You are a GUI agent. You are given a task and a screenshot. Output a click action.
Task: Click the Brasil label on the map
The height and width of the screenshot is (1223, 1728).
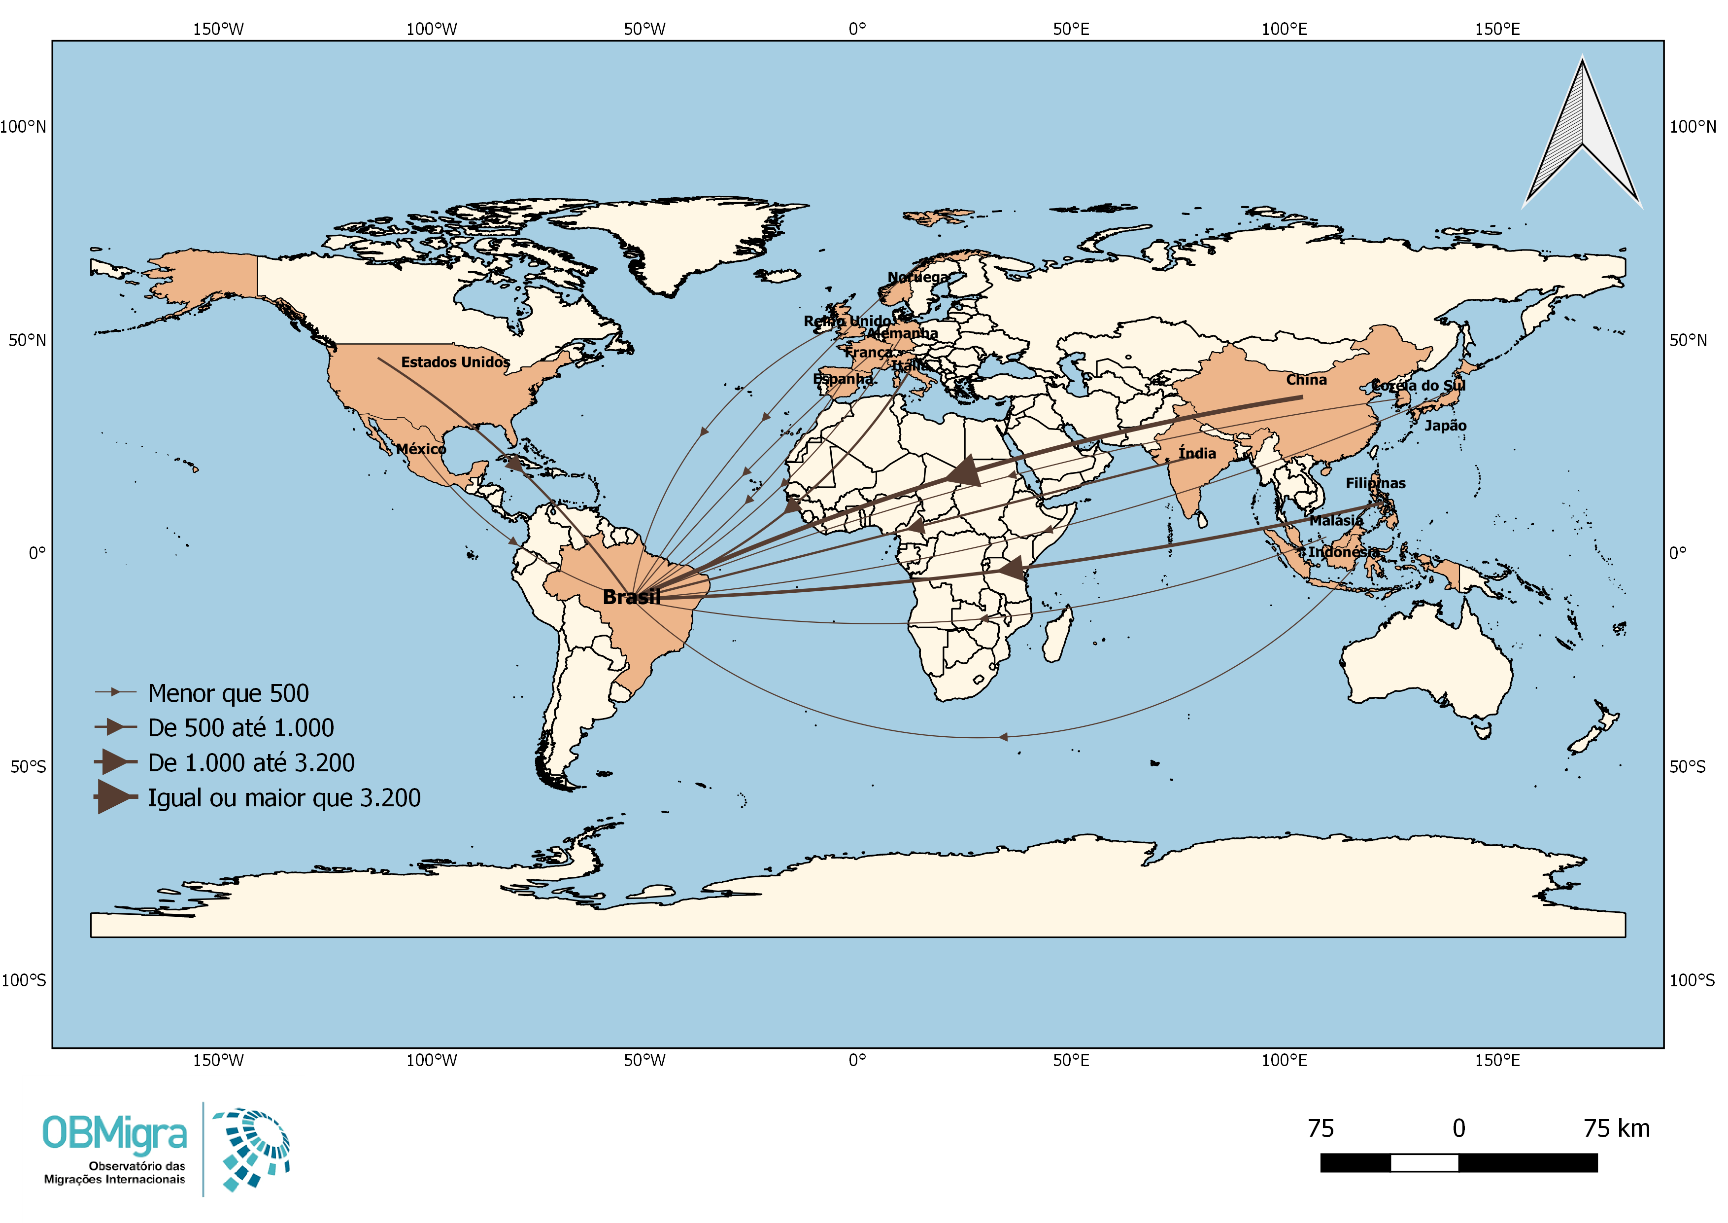(x=632, y=597)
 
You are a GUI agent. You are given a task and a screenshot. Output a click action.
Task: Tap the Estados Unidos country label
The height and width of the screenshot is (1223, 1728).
(x=455, y=362)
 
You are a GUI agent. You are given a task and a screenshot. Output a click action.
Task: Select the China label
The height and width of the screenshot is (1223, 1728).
(x=1306, y=380)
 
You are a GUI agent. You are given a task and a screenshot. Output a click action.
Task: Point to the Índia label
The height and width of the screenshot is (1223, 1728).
(x=1197, y=453)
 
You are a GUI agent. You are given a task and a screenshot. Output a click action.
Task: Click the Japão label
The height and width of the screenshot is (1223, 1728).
(x=1445, y=426)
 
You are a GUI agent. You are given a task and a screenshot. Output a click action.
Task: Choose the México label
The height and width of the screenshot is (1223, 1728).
(x=421, y=449)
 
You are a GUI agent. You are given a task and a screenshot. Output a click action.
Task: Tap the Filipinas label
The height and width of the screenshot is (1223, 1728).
(x=1375, y=483)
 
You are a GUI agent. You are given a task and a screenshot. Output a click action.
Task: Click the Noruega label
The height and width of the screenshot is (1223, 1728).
(x=917, y=277)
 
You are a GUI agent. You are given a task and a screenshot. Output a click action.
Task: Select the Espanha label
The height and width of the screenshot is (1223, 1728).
(x=843, y=379)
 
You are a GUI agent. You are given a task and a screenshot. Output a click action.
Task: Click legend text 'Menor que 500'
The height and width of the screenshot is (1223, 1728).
(x=228, y=693)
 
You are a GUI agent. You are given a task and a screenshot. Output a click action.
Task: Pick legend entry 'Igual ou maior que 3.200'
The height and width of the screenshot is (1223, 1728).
(x=284, y=797)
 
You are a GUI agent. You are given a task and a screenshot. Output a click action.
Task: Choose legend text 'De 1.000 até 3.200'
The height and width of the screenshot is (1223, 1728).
(x=251, y=763)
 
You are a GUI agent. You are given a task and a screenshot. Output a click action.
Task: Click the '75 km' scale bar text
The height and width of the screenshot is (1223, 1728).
(x=1616, y=1128)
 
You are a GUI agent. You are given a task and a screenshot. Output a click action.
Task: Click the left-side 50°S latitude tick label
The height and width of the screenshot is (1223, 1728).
(x=28, y=767)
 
